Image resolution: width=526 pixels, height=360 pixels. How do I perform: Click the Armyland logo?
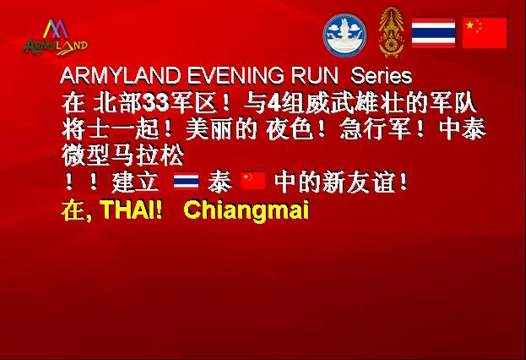[x=56, y=37]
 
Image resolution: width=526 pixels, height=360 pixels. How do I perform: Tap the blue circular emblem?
[x=344, y=35]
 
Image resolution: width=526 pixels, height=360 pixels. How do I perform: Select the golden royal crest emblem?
[x=390, y=32]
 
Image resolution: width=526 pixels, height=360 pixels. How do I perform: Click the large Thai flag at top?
[x=433, y=33]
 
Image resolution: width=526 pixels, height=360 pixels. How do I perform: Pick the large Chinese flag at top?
[x=485, y=33]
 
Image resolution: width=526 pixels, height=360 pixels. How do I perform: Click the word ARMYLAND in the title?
[x=121, y=76]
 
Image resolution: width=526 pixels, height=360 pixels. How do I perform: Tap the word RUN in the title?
[x=314, y=76]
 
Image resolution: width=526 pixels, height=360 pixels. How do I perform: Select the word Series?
[x=381, y=76]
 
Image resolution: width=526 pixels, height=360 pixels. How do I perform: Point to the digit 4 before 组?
[x=275, y=103]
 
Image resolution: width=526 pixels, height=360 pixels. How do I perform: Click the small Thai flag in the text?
[x=187, y=181]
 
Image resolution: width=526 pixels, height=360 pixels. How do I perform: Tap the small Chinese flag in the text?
[x=253, y=181]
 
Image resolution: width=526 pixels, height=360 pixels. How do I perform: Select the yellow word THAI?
[x=132, y=210]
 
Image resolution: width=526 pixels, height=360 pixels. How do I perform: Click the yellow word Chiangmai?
[x=247, y=210]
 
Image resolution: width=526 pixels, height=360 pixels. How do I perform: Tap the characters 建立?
[x=135, y=183]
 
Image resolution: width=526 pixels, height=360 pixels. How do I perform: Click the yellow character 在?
[x=72, y=210]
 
